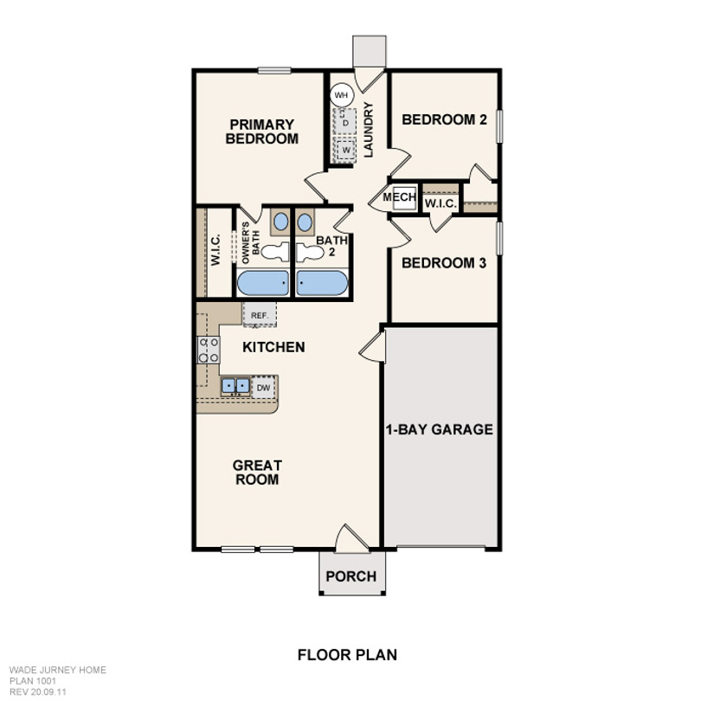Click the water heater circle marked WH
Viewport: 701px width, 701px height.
coord(342,95)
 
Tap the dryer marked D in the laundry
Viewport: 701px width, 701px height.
coord(345,121)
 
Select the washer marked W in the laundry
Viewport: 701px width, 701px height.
coord(345,150)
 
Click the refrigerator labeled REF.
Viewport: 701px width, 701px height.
coord(260,315)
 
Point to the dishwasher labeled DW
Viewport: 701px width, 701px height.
coord(263,387)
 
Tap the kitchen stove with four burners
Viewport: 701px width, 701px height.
coord(209,350)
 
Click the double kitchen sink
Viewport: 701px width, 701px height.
coord(235,386)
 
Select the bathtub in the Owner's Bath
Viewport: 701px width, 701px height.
coord(263,282)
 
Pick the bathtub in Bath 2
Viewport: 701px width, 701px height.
coord(322,282)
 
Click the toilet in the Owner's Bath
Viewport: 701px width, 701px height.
coord(275,252)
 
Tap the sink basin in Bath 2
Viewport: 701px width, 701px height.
coord(305,222)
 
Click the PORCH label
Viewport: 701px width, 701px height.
coord(351,576)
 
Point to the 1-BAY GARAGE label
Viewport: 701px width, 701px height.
coord(439,429)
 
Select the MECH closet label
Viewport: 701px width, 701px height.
coord(399,196)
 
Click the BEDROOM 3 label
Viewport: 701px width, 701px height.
coord(444,263)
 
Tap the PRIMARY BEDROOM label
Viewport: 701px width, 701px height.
coord(262,131)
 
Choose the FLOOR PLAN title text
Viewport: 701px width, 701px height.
coord(347,655)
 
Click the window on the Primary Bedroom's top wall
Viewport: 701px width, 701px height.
coord(274,70)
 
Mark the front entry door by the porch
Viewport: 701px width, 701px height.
coord(352,537)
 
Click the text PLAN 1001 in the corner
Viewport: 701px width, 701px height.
coord(33,681)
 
